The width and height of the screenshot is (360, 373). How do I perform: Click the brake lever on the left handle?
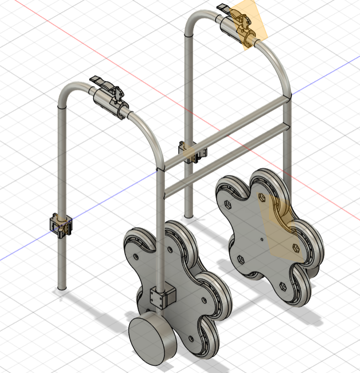click(x=101, y=82)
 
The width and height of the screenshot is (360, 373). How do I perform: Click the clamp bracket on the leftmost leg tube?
click(x=61, y=223)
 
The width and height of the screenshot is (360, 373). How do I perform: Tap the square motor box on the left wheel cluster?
click(x=161, y=297)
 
